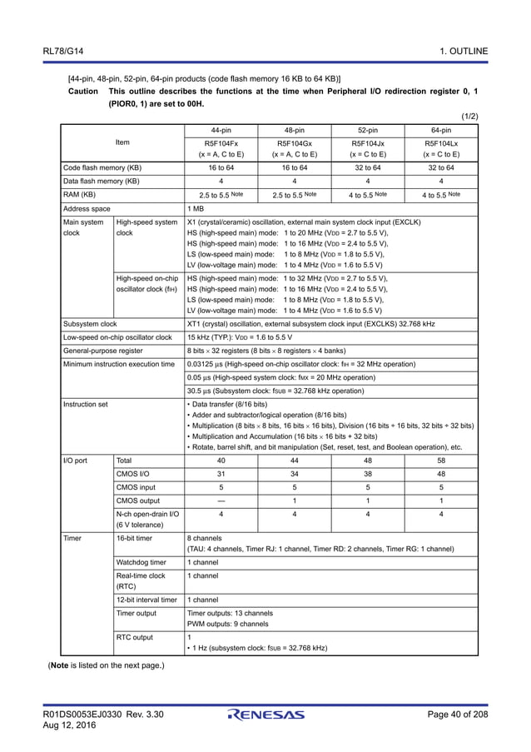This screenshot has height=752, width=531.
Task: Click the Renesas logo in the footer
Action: [x=265, y=715]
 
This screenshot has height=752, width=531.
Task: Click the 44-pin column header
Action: [x=221, y=131]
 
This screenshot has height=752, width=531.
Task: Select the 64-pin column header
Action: [x=441, y=131]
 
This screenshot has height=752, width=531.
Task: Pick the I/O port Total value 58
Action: [x=441, y=460]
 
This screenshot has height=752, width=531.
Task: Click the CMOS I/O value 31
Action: [x=221, y=474]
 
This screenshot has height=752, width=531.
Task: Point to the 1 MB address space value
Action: [x=196, y=207]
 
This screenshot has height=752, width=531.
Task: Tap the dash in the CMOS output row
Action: [x=221, y=501]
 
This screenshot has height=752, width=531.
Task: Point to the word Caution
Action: [x=85, y=91]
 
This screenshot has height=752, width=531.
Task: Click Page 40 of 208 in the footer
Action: [x=457, y=715]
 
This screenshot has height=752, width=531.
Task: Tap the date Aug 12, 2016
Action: [x=70, y=725]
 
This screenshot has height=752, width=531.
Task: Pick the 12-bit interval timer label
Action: [x=146, y=599]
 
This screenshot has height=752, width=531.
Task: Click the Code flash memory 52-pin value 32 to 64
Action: [x=367, y=167]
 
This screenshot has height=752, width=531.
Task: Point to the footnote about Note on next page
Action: [x=107, y=665]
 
